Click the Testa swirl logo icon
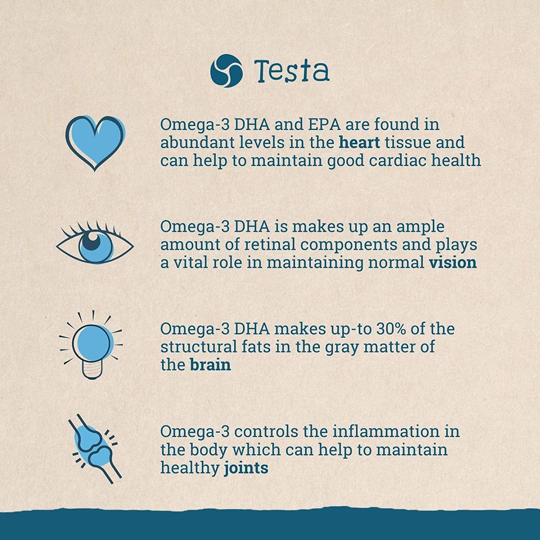click(x=226, y=71)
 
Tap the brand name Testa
click(x=291, y=71)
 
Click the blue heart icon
click(x=95, y=142)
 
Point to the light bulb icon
click(x=92, y=346)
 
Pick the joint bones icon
click(x=95, y=448)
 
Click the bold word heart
click(x=360, y=142)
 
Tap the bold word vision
click(x=453, y=262)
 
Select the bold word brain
click(x=210, y=365)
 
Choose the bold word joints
click(x=246, y=468)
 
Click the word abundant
click(x=192, y=142)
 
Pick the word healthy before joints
click(x=189, y=468)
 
